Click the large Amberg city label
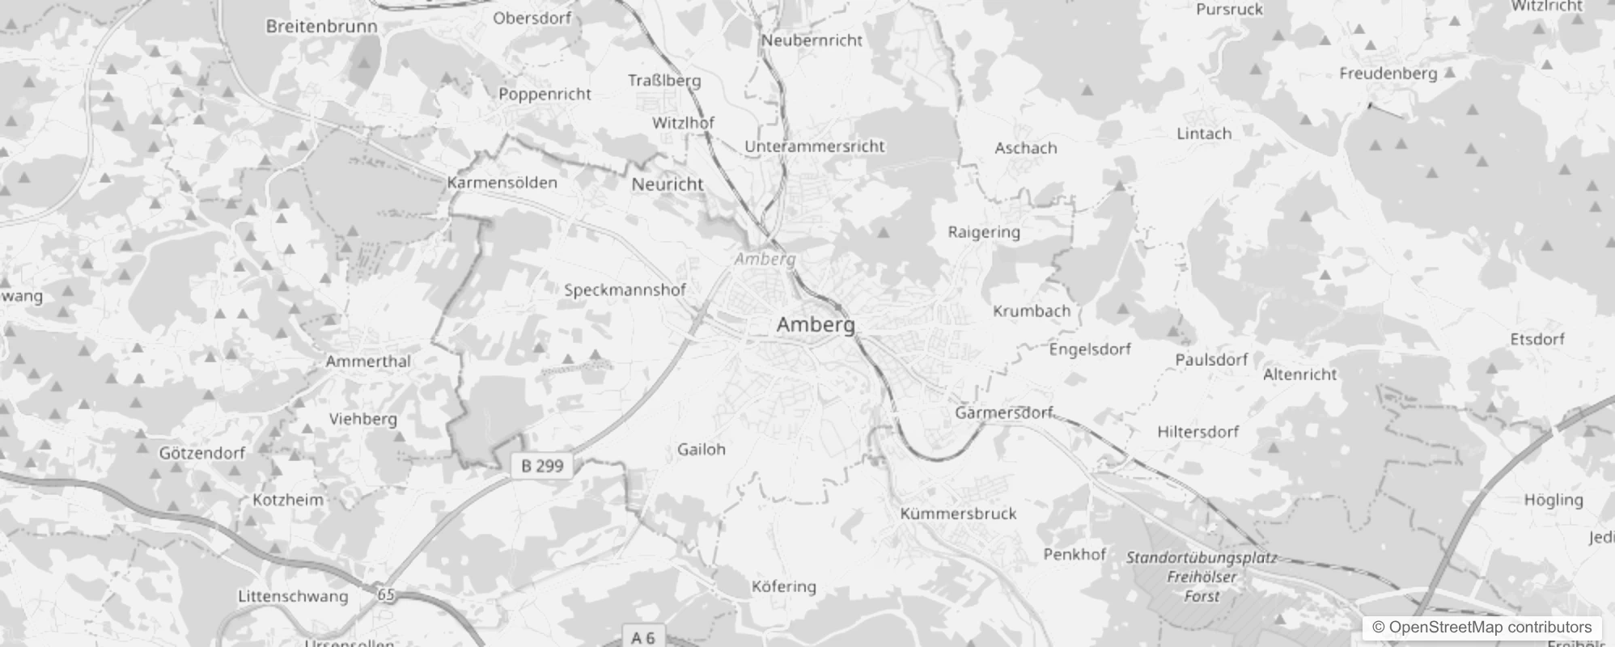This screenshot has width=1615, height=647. tap(815, 324)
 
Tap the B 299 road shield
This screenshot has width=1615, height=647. tap(542, 465)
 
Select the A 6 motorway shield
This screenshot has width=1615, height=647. tap(642, 637)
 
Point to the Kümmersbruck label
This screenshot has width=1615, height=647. tap(958, 514)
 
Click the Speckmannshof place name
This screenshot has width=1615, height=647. tap(625, 290)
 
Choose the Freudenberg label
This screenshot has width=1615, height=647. tap(1388, 74)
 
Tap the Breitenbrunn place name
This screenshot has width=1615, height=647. tap(321, 26)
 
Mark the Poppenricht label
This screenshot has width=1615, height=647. tap(545, 94)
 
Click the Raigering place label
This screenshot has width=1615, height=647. tap(984, 232)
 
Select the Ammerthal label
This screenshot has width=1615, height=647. tap(368, 361)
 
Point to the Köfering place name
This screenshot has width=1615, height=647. tap(783, 586)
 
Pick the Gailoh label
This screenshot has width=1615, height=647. tap(701, 449)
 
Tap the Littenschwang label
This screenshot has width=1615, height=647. tap(293, 597)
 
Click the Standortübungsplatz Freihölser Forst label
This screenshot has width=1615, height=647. tap(1202, 577)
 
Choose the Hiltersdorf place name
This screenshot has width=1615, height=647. tap(1197, 432)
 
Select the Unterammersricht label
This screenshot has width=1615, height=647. tap(814, 146)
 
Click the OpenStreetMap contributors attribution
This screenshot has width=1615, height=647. tap(1481, 627)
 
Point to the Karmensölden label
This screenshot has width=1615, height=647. tap(502, 183)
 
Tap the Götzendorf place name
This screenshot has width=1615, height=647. tap(201, 453)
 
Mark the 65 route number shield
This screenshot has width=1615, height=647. tap(387, 595)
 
